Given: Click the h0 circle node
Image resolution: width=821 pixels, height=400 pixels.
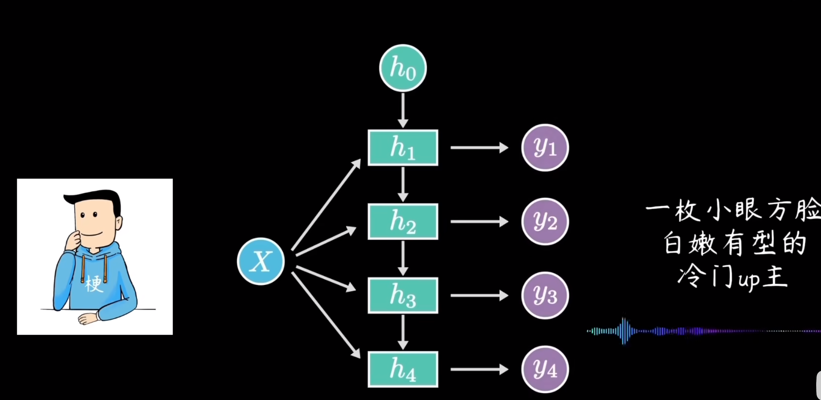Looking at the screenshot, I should pos(403,68).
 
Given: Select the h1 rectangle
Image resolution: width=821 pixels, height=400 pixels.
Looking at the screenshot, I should pos(403,148).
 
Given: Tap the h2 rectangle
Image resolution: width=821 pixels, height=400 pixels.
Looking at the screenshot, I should pos(403,221).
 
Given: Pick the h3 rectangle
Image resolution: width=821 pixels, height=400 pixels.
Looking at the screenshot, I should pos(403,295).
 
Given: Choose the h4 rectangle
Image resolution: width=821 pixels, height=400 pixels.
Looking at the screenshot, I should pos(403,369).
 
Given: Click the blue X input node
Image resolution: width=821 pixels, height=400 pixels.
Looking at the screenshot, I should pos(261,261).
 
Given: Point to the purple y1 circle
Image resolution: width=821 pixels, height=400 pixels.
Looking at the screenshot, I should pos(545,148).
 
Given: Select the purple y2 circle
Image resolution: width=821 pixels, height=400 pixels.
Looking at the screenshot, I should pos(545,221).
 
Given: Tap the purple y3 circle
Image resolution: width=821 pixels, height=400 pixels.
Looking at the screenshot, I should pos(545,295).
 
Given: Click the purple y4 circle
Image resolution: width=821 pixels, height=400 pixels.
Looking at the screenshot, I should pos(545,369).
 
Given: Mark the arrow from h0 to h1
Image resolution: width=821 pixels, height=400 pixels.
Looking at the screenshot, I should pos(403,110).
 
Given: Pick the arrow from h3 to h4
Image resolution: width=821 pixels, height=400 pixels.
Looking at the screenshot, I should pos(403,332).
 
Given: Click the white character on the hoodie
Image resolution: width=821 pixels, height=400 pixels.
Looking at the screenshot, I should pos(93,284).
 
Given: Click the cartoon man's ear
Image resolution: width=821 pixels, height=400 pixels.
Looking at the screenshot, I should pos(119,223).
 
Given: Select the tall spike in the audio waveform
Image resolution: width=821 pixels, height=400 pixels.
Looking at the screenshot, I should pos(623,331).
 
